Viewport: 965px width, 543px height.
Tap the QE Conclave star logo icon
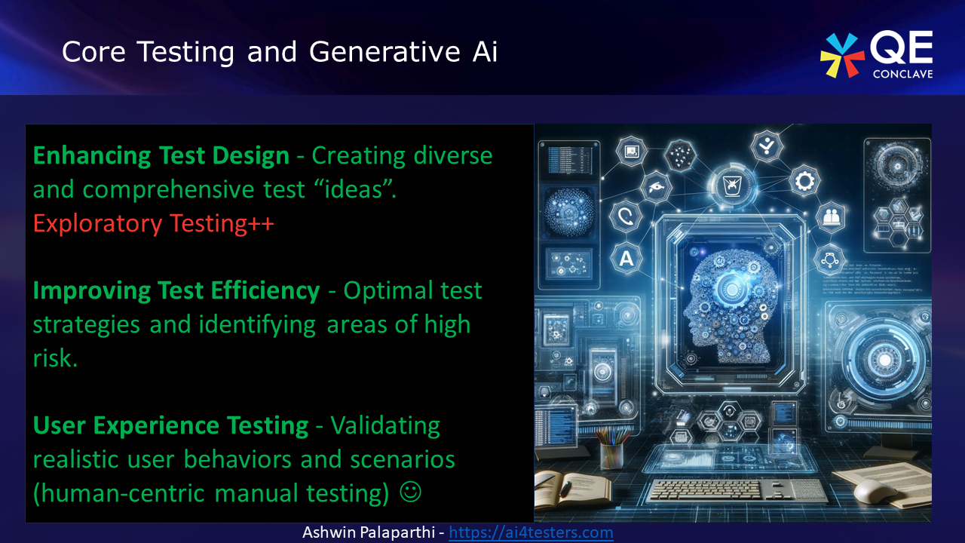(842, 55)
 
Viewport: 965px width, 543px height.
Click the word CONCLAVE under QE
(902, 73)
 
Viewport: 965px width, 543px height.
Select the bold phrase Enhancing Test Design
(161, 155)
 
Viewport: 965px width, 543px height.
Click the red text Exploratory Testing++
(153, 223)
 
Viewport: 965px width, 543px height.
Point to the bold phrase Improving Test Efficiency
(176, 290)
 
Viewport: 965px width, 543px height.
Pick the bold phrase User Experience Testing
(170, 425)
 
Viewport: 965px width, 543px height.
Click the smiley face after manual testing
(410, 492)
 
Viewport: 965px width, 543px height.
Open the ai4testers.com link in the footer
(531, 532)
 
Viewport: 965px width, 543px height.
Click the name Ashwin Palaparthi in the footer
(371, 532)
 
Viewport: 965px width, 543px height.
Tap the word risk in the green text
(55, 358)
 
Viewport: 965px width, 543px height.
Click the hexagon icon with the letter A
(625, 259)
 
